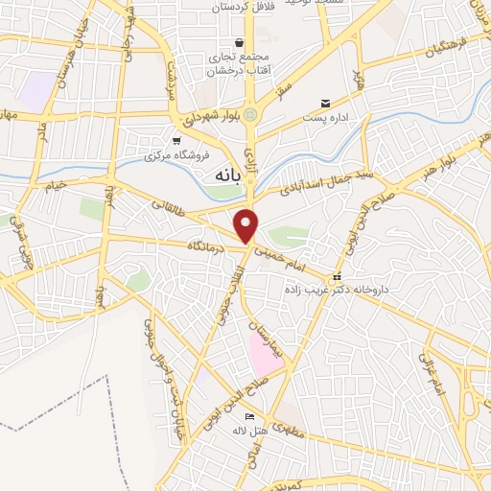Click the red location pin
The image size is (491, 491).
(x=247, y=224)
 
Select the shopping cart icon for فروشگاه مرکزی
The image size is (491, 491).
(x=175, y=140)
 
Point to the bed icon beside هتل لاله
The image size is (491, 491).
(x=249, y=417)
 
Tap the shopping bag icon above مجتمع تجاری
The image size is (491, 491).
(x=238, y=42)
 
